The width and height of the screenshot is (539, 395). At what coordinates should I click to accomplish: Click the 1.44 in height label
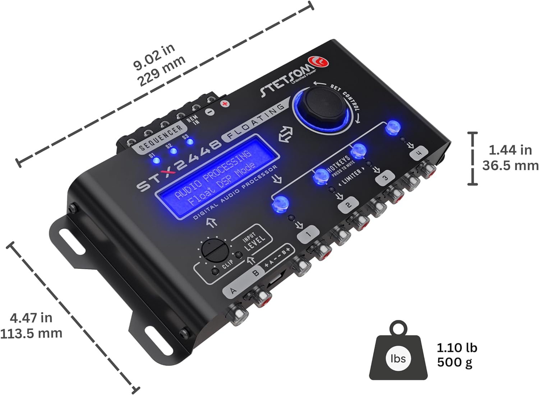click(x=510, y=150)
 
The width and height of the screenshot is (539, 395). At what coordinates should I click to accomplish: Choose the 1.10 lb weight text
click(x=457, y=347)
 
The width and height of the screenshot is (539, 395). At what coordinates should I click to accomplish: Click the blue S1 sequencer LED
click(x=156, y=160)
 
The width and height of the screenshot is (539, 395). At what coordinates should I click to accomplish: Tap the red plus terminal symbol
click(x=225, y=104)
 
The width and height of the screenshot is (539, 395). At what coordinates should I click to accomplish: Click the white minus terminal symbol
click(x=211, y=111)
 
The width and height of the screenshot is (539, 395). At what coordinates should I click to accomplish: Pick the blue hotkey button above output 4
click(x=393, y=127)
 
